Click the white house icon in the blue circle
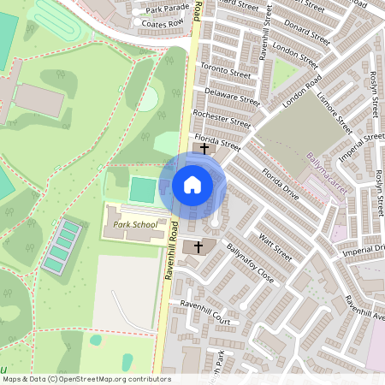[x=192, y=184]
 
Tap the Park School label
[x=135, y=225]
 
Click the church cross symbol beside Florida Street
[x=204, y=149]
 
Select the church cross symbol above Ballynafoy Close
[x=198, y=246]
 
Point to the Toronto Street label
[x=224, y=68]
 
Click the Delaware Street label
[x=231, y=94]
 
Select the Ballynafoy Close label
[x=250, y=266]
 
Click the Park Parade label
[x=166, y=9]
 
